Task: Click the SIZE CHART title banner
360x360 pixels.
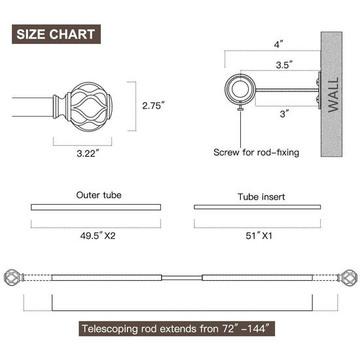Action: coord(56,34)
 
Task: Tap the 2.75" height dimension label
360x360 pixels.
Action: coord(153,105)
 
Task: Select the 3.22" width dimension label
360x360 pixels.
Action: coord(88,153)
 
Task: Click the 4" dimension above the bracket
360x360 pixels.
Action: coord(278,44)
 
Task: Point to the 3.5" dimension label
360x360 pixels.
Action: coord(284,65)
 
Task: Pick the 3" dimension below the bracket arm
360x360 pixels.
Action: coord(285,114)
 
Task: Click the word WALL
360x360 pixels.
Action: coord(333,94)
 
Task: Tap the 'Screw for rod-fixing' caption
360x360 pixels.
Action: coord(256,153)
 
